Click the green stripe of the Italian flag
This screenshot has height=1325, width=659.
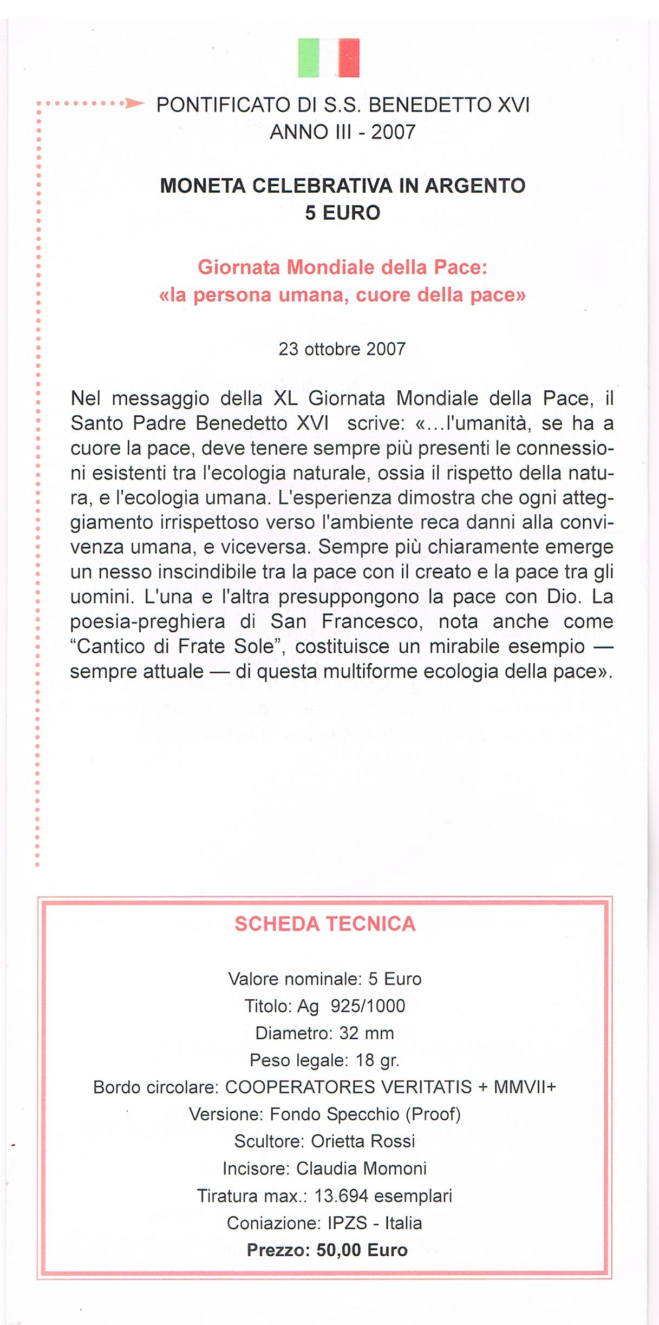pos(308,57)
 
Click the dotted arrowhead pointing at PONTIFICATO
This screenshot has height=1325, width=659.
pos(134,103)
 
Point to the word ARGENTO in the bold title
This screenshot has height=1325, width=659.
pos(474,186)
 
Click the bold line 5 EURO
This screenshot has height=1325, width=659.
pos(342,213)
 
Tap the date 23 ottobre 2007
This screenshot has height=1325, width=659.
pos(342,349)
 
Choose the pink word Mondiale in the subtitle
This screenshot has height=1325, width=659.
pos(331,267)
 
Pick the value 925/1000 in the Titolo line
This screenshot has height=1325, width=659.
pos(368,1006)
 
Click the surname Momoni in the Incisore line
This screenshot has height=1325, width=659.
pos(395,1168)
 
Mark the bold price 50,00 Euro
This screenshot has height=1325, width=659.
pos(362,1250)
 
